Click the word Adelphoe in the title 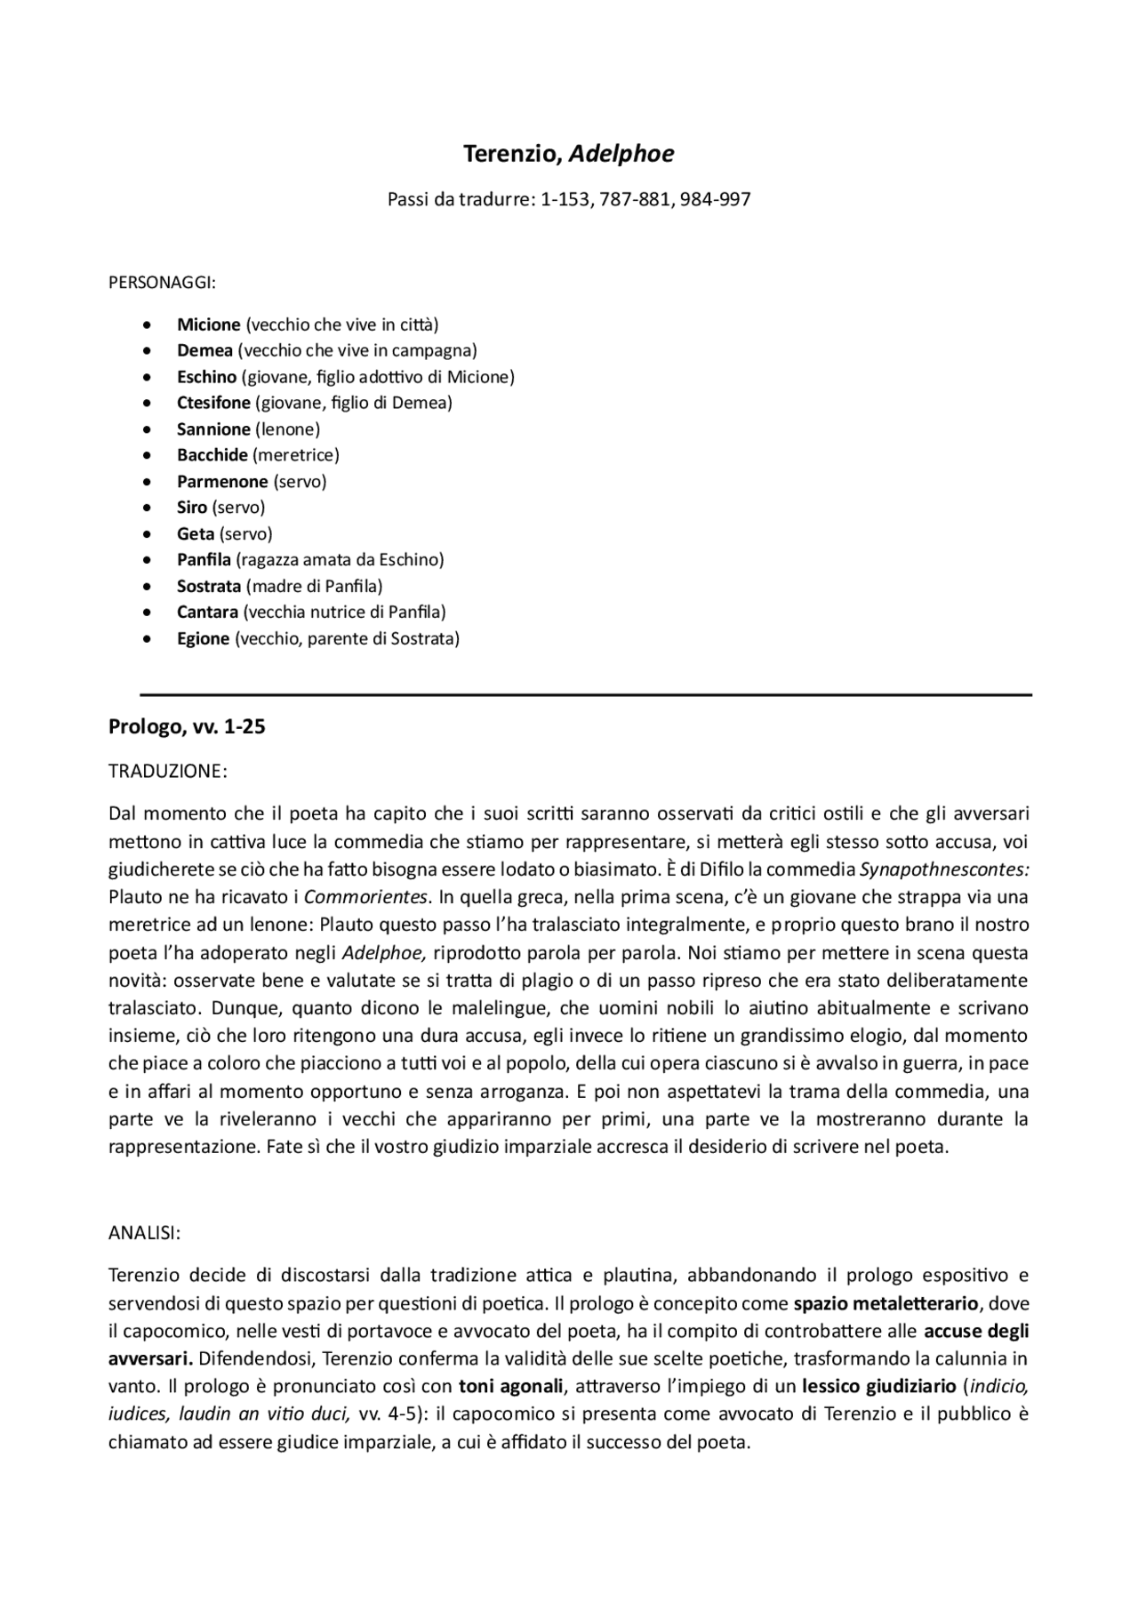tap(621, 154)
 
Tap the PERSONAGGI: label tap(162, 284)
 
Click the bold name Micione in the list tap(208, 324)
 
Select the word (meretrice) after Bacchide tap(296, 455)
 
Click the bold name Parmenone tap(222, 482)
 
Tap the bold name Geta tap(195, 534)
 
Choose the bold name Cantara tap(207, 613)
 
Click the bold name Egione tap(203, 638)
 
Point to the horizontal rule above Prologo tap(586, 694)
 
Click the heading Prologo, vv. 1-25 tap(187, 727)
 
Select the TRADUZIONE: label tap(168, 771)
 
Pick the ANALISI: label tap(145, 1233)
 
